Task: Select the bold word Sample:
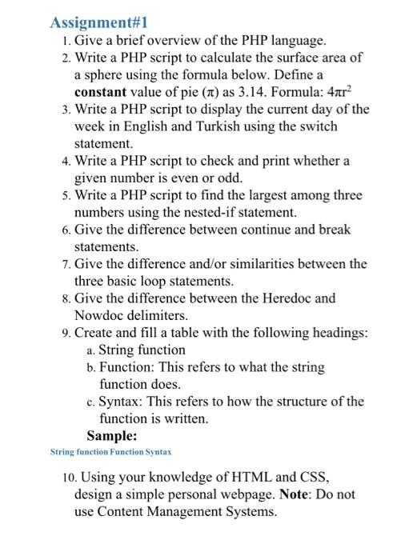pyautogui.click(x=111, y=436)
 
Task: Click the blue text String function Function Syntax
pyautogui.click(x=110, y=452)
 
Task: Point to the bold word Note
pyautogui.click(x=296, y=494)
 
